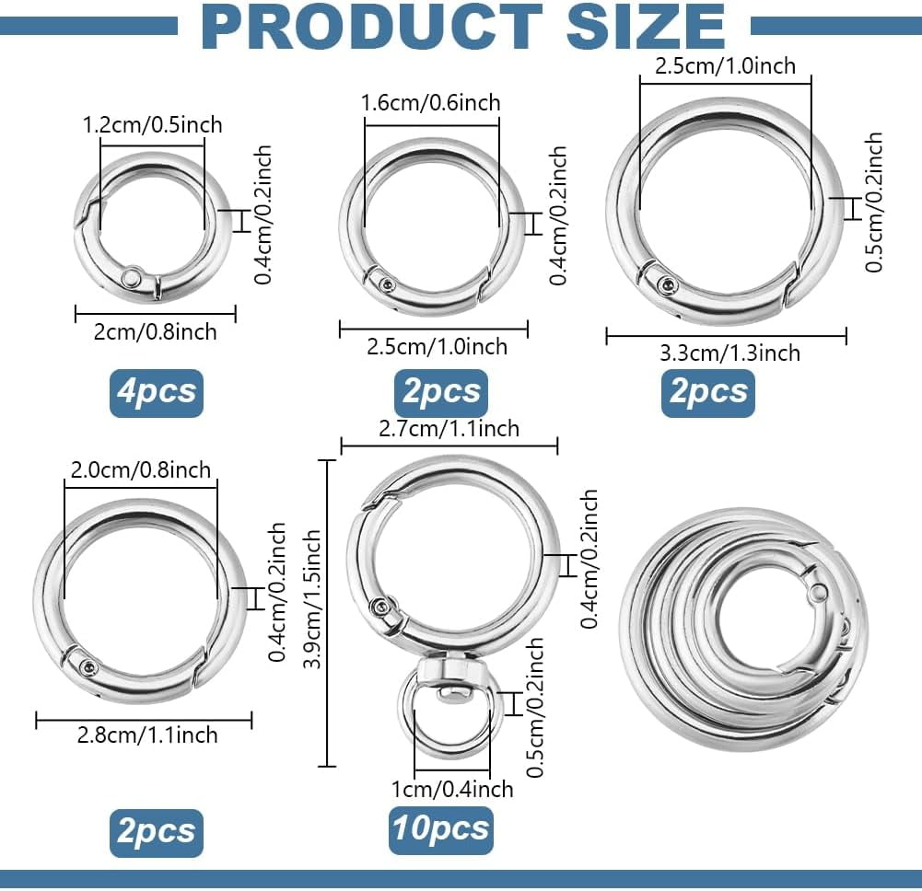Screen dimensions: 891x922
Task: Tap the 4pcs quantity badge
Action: [157, 392]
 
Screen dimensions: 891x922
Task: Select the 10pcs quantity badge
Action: [440, 830]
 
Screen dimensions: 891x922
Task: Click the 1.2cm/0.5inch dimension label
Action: [152, 124]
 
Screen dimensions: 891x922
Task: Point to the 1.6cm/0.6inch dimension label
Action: [432, 101]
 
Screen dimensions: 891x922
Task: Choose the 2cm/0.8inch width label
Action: [155, 330]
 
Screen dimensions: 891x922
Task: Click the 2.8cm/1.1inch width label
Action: [144, 735]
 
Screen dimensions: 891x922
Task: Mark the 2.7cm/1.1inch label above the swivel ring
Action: [449, 428]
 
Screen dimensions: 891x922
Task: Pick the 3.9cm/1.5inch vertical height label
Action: [313, 612]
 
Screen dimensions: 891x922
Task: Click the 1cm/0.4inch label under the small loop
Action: [451, 789]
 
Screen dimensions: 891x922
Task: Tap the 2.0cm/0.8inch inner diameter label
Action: [140, 470]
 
